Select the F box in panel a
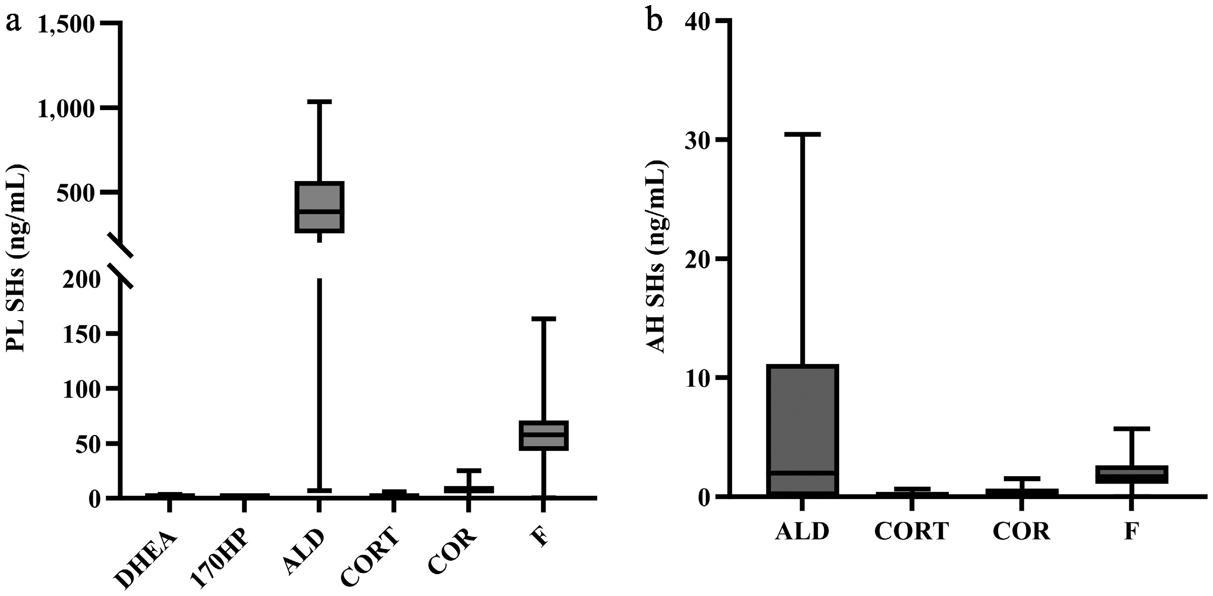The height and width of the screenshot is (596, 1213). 544,435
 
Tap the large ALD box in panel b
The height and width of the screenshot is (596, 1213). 802,429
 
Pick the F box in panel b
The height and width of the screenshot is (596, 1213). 1130,474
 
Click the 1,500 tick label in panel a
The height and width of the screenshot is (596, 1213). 67,24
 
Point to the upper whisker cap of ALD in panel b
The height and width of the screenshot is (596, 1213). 802,135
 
